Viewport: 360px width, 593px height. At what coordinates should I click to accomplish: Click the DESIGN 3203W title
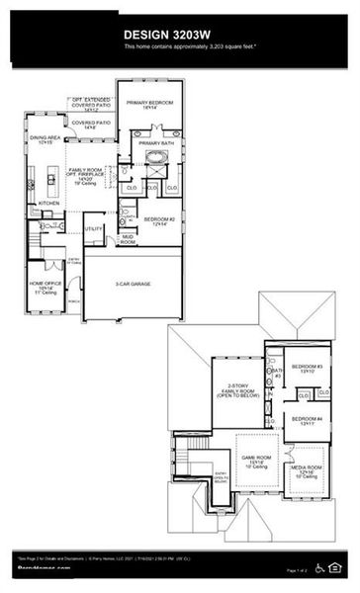[x=179, y=35]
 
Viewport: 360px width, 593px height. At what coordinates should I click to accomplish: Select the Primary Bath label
[x=156, y=143]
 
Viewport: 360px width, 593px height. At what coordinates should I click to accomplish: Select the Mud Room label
[x=129, y=238]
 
